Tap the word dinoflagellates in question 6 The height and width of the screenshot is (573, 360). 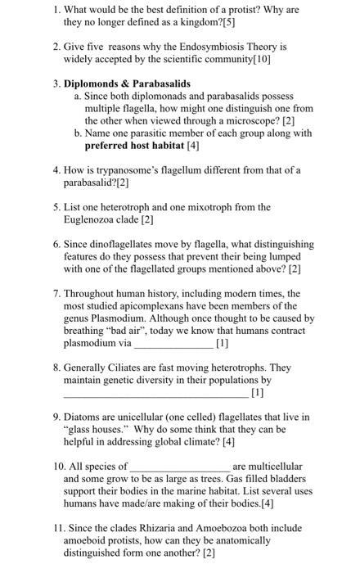(x=125, y=243)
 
